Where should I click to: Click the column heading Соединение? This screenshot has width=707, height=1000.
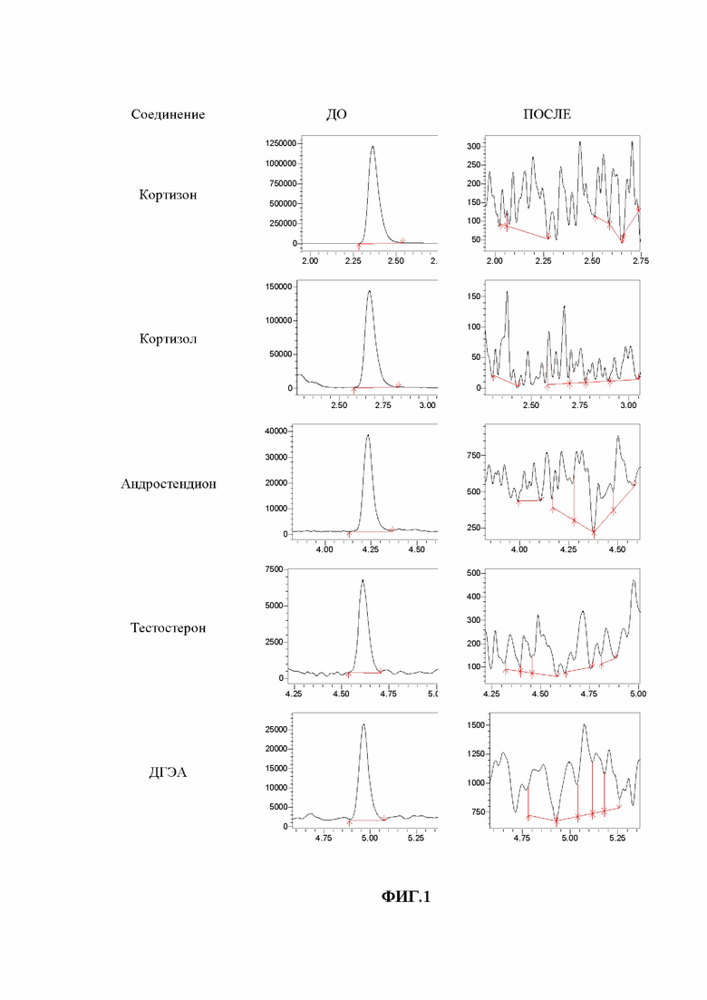point(168,115)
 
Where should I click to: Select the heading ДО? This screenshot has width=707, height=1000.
point(336,115)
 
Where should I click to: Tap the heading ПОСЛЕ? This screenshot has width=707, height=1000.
point(547,115)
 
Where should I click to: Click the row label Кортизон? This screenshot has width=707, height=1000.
point(168,195)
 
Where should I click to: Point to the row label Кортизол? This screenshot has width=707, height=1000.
point(168,339)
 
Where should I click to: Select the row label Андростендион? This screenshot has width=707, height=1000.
point(169,484)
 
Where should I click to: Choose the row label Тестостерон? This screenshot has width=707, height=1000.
point(169,628)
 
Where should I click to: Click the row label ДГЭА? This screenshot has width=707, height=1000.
point(168,773)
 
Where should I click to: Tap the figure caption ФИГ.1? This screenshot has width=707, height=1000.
point(406,897)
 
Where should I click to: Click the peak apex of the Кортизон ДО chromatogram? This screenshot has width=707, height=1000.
point(373,147)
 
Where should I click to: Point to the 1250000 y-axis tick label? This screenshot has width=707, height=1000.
point(280,144)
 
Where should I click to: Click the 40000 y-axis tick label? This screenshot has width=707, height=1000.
point(276,432)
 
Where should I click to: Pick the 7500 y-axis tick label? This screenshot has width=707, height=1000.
point(275,569)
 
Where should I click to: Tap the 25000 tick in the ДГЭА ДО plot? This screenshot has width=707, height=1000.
point(276,730)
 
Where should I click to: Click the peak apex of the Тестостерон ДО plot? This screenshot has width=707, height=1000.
point(363,579)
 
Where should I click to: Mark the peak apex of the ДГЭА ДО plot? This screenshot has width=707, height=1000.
point(363,724)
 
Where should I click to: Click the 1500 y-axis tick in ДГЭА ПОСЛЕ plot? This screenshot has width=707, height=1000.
point(476,725)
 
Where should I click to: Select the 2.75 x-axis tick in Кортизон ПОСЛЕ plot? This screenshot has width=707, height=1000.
point(640,261)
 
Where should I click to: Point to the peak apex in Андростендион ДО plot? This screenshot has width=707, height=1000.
point(368,435)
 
